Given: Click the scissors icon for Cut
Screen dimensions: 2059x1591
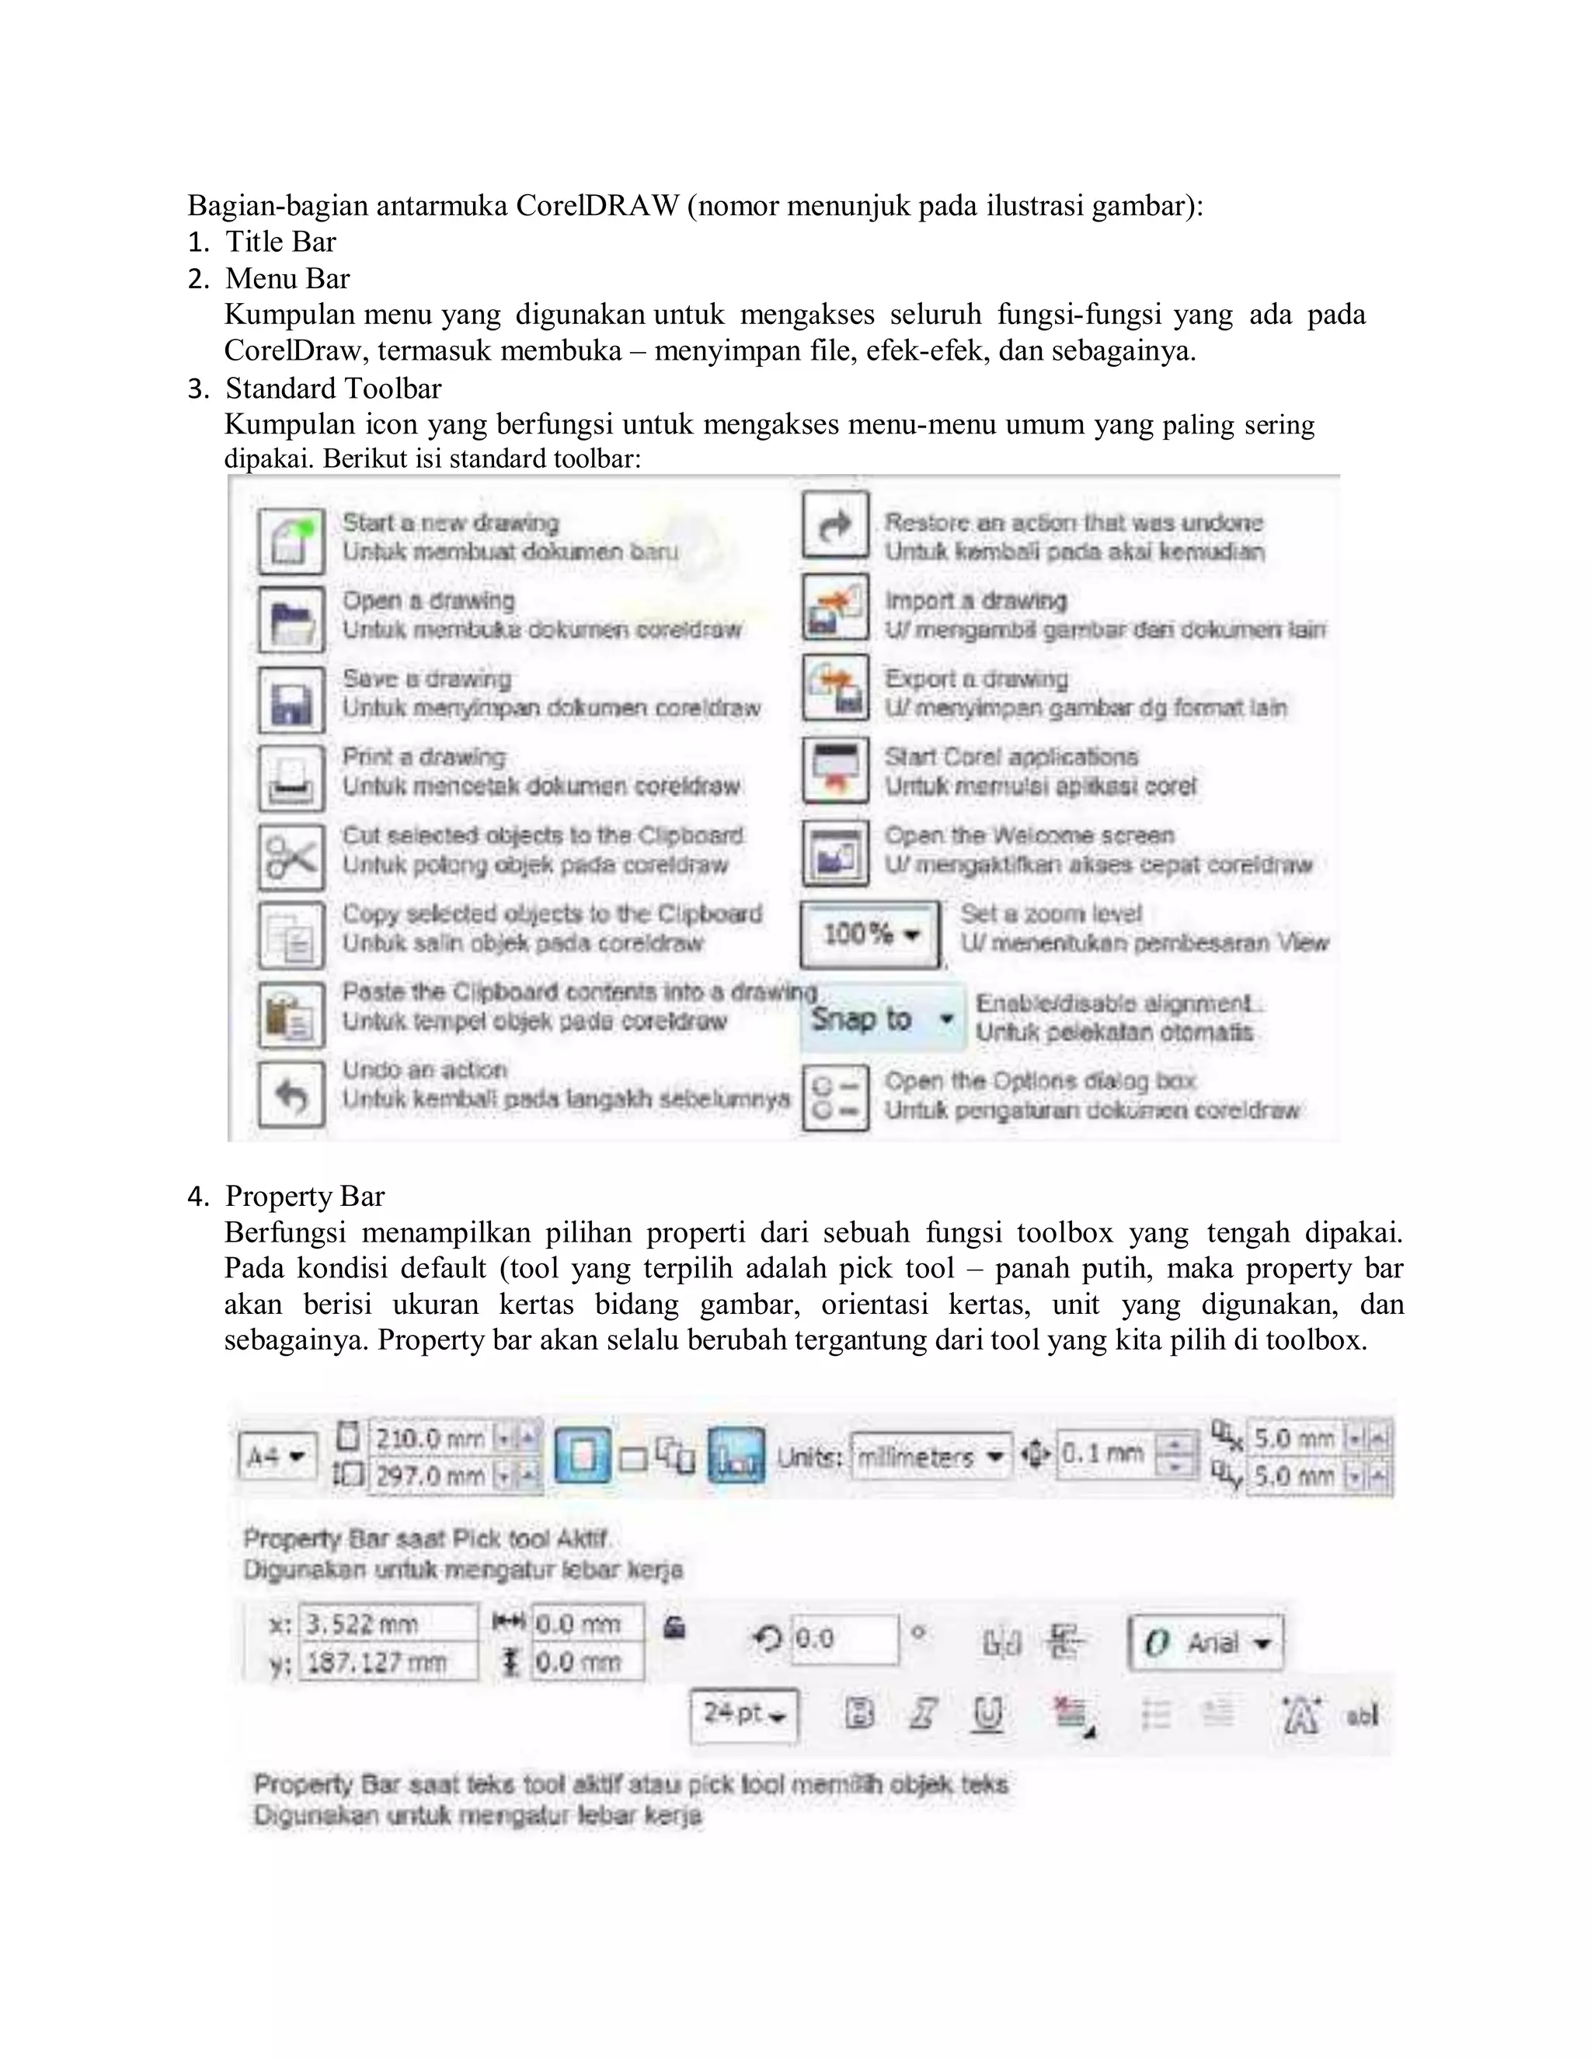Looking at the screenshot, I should tap(291, 856).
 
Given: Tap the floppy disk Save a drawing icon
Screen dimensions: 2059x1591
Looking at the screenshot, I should tap(291, 699).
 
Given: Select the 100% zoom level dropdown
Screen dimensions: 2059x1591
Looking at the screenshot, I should tap(870, 934).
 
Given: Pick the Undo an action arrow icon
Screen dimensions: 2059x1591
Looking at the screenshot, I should tap(291, 1094).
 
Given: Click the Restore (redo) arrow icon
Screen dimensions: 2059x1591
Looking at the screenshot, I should tap(835, 525).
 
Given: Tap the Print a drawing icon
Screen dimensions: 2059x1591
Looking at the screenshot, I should tap(291, 778).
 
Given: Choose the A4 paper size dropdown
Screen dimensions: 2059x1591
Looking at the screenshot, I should tap(276, 1457).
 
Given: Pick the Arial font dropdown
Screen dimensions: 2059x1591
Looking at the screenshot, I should tap(1206, 1643).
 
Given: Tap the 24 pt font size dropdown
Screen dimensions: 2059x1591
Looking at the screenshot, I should tap(743, 1713).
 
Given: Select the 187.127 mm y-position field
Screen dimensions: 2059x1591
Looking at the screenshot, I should tap(386, 1662).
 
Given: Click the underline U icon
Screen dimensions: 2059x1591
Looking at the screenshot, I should tap(987, 1713).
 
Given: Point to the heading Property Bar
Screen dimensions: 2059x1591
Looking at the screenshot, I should tap(305, 1197).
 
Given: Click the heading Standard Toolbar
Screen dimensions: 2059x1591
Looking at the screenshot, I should tap(332, 388).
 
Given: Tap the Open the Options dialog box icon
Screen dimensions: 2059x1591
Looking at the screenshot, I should tap(835, 1096).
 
